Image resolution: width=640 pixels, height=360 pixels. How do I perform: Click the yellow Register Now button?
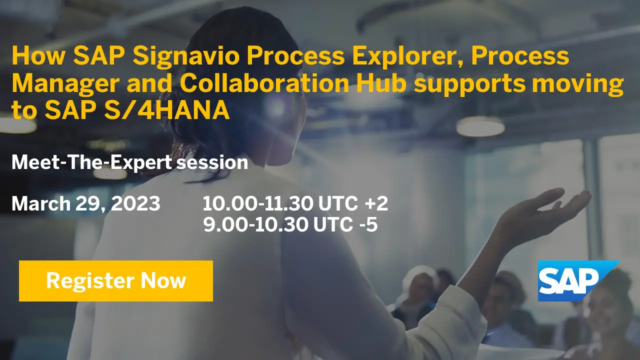point(116,281)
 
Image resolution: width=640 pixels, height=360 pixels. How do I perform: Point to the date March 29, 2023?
point(86,204)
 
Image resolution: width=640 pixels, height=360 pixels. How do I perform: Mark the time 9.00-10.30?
point(255,225)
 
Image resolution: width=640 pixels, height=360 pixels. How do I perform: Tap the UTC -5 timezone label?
point(345,225)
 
